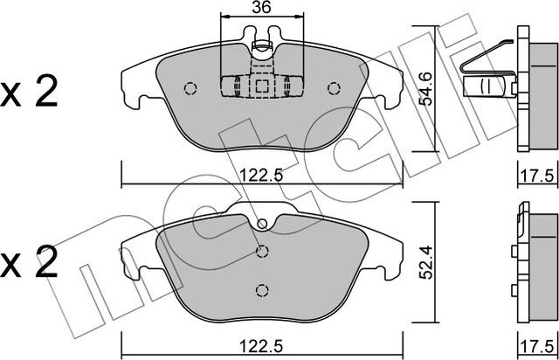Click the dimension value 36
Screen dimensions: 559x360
pyautogui.click(x=261, y=7)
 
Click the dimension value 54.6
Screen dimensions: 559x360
pyautogui.click(x=425, y=89)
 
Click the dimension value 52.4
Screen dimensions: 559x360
pyautogui.click(x=425, y=262)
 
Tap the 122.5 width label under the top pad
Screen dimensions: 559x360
pyautogui.click(x=261, y=176)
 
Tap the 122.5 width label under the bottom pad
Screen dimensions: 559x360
pyautogui.click(x=261, y=346)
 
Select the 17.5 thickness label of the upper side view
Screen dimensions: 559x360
pyautogui.click(x=538, y=176)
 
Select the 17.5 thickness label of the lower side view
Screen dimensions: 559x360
pyautogui.click(x=538, y=346)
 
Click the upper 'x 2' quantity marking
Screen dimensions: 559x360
pyautogui.click(x=29, y=92)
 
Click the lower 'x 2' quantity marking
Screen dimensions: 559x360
pyautogui.click(x=29, y=262)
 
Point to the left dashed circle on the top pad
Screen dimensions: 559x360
pyautogui.click(x=190, y=88)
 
